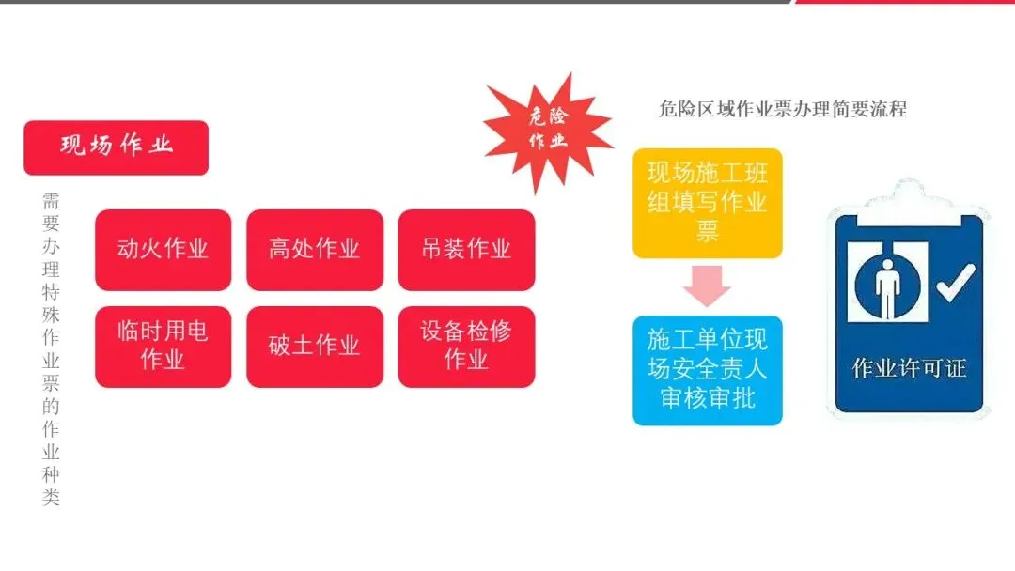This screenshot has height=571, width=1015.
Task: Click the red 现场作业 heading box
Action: [116, 147]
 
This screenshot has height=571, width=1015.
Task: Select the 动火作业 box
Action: [163, 250]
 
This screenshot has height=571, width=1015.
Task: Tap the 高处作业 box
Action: [315, 250]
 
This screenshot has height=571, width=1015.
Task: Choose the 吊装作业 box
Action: [466, 250]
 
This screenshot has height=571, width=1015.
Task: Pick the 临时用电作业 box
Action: [163, 346]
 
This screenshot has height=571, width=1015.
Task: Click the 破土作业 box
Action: [315, 346]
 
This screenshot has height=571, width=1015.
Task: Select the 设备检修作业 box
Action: [466, 346]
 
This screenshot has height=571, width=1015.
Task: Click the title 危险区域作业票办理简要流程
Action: [783, 109]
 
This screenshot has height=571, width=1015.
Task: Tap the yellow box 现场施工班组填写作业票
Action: [707, 203]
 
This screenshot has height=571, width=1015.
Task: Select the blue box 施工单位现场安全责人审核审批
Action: [707, 369]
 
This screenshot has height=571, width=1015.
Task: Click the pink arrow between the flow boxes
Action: [707, 285]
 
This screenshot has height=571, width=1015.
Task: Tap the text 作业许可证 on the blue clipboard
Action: [908, 368]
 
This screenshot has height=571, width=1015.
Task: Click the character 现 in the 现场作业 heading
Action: [74, 147]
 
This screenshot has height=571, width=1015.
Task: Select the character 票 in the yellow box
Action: [707, 232]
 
